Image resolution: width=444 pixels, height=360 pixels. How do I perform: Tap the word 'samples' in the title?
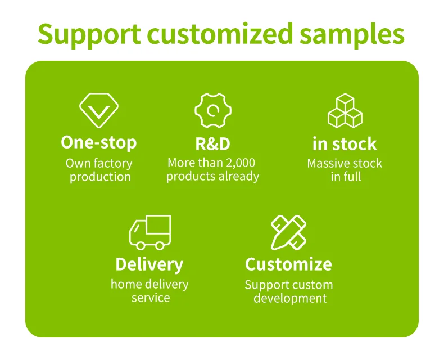click(352, 35)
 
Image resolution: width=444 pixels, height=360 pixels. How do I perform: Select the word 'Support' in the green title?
click(89, 35)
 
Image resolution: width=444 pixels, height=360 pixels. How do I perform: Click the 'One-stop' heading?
click(99, 142)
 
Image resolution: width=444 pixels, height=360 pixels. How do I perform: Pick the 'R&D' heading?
click(212, 143)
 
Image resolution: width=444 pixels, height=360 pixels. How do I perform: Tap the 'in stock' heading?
click(345, 143)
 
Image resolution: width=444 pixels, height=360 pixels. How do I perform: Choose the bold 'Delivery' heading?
click(149, 265)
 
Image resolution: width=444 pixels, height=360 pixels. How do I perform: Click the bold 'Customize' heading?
click(288, 264)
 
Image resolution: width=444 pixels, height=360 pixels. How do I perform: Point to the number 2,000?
click(241, 163)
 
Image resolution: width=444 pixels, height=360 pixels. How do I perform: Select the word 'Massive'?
click(327, 164)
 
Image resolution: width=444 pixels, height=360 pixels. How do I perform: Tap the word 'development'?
click(290, 299)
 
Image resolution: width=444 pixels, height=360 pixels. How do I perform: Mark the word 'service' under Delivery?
click(151, 298)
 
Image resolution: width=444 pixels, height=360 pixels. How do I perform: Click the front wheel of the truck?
click(141, 245)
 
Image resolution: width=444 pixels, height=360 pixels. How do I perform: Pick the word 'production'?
click(100, 177)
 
